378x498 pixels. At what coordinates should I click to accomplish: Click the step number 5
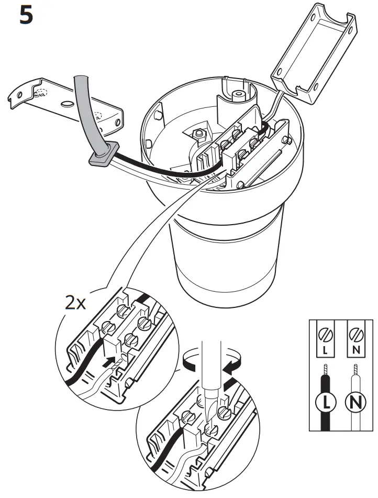click(x=26, y=16)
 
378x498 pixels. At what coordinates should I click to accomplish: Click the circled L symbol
click(x=325, y=402)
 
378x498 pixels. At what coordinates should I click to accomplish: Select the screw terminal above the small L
click(x=325, y=332)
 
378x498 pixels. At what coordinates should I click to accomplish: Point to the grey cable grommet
click(x=101, y=156)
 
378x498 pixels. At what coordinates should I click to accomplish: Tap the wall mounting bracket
click(x=63, y=102)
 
